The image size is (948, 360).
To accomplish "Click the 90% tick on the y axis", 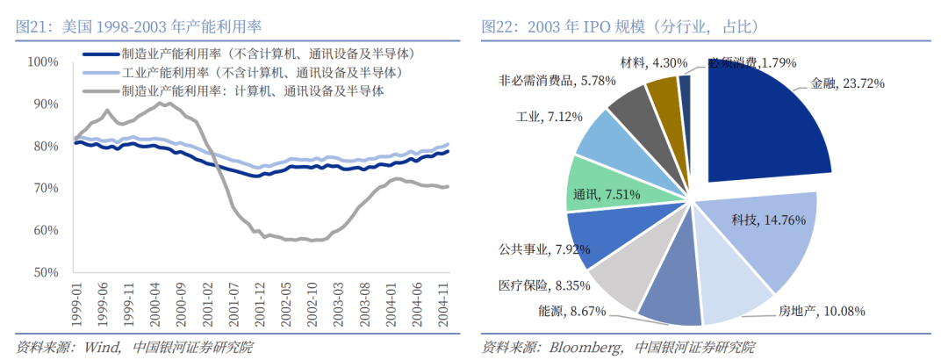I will point(43,104).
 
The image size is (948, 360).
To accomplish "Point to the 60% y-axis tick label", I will point(43,231).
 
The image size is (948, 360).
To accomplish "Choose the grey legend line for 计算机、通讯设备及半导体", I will point(100,90).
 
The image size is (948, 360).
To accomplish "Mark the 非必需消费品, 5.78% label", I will point(548,81).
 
